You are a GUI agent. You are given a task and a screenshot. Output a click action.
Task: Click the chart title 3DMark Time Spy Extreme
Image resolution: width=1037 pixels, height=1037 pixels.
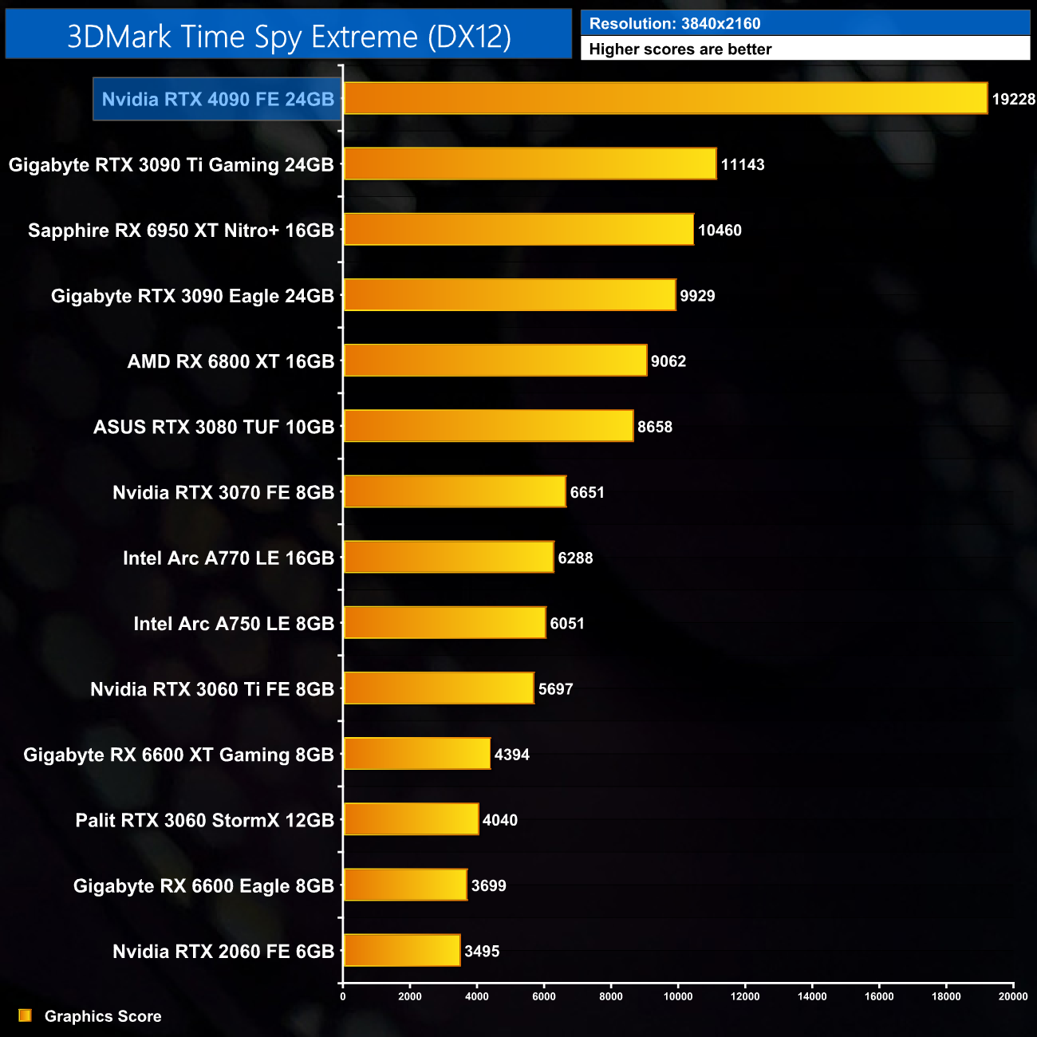289,36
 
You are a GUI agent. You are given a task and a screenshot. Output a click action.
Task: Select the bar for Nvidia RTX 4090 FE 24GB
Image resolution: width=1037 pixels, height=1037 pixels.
665,98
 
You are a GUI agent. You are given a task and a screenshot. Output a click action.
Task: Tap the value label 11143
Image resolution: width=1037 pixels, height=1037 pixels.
743,164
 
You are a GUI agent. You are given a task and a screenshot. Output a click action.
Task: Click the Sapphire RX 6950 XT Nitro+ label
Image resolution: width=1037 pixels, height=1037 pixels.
181,231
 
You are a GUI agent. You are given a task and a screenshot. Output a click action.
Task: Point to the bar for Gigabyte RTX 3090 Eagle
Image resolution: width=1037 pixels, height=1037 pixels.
510,295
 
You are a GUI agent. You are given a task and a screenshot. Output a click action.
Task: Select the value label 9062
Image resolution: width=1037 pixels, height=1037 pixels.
668,361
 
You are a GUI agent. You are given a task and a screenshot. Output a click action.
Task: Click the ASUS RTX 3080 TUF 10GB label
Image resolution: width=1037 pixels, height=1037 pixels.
214,427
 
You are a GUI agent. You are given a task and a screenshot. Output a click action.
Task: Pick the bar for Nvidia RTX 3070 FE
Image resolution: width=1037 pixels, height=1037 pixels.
455,492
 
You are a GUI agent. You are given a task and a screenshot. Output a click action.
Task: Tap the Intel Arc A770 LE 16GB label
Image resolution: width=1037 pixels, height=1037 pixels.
228,558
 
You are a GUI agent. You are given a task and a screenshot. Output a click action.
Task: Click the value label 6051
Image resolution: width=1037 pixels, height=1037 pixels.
567,624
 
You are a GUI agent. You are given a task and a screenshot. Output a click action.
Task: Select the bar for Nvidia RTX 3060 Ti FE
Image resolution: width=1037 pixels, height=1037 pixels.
439,688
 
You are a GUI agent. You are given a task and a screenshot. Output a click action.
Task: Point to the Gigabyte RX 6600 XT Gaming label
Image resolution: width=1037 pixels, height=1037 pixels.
179,755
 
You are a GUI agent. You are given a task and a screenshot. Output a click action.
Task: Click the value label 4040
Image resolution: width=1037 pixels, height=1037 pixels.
500,820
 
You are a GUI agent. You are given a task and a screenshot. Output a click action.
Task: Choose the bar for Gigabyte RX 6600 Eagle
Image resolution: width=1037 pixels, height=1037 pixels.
405,885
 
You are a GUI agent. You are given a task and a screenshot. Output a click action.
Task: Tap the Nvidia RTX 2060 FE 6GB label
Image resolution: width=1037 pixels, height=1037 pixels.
223,952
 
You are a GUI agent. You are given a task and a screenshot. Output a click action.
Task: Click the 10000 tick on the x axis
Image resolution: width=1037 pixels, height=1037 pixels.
678,996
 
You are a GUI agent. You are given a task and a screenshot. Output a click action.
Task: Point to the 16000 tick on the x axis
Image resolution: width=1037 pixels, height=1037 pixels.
879,996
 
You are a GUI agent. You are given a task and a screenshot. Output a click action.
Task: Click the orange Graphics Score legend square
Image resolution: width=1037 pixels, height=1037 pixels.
25,1015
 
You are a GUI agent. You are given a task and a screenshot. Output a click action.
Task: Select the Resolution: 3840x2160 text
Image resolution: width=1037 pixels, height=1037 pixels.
675,24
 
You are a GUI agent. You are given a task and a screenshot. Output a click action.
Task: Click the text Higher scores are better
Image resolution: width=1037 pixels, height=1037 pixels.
680,49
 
